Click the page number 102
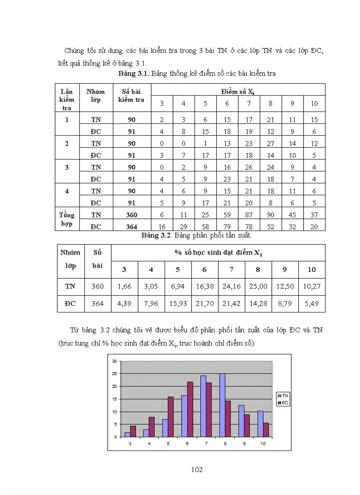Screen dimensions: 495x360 [197, 469]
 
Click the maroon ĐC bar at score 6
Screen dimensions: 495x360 [190, 409]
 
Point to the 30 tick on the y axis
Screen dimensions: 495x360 [114, 361]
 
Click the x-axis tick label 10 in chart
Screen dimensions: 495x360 [263, 444]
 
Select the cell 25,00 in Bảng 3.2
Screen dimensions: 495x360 [258, 286]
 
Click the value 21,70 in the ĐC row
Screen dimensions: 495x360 [205, 303]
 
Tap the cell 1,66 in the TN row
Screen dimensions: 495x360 [124, 286]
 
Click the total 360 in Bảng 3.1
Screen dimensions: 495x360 [131, 215]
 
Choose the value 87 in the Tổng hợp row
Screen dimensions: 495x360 [249, 215]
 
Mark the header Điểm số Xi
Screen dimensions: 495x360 [238, 92]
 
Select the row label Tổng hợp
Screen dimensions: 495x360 [67, 219]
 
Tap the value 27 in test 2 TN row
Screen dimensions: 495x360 [270, 143]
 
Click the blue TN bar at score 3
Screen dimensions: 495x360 [127, 435]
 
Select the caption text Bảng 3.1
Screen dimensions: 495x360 [133, 74]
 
